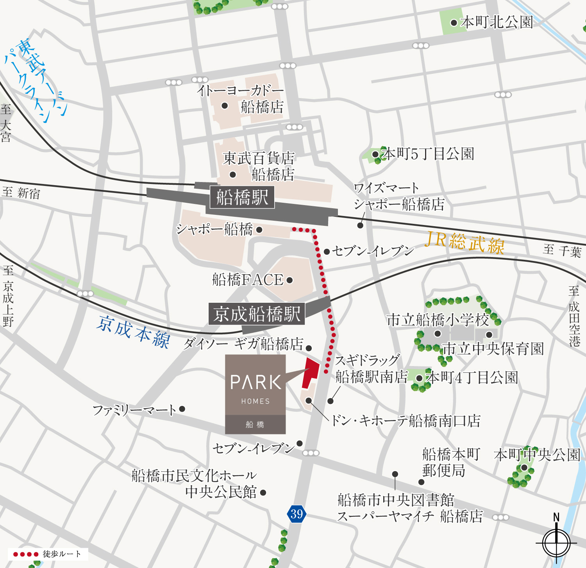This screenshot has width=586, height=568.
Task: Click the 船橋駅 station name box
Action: (x=242, y=197)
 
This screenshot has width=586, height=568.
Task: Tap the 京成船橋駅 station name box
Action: (x=257, y=314)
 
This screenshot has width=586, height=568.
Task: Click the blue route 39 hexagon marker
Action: (x=297, y=514)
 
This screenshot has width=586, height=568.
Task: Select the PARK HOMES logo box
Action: (x=255, y=394)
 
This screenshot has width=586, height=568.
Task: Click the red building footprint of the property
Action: (x=311, y=372)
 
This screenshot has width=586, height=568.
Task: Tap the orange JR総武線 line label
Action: (x=465, y=243)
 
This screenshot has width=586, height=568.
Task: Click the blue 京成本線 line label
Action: (x=133, y=332)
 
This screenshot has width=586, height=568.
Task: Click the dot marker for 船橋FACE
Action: (x=289, y=280)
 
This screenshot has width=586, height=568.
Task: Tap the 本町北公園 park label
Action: (x=497, y=22)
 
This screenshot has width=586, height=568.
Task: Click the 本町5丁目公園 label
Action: (x=428, y=154)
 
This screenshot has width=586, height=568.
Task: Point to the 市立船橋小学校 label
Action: (x=438, y=320)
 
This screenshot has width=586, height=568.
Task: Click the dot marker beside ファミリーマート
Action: (x=182, y=409)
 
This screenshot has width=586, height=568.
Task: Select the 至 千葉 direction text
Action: (x=562, y=250)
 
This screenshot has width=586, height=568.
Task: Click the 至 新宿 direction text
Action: (x=21, y=193)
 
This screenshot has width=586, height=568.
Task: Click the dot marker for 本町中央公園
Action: (x=524, y=468)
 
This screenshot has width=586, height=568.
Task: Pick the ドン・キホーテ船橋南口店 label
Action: (x=406, y=421)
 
